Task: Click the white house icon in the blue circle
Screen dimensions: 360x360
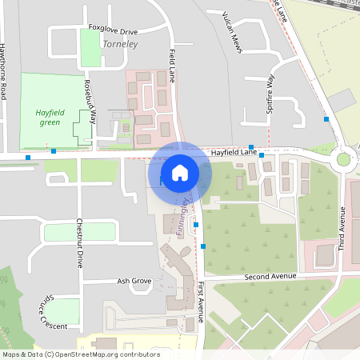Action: click(x=180, y=172)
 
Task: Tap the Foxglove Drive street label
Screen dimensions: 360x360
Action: click(x=113, y=31)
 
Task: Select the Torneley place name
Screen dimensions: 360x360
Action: click(x=120, y=44)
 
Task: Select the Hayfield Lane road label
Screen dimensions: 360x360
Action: click(x=234, y=151)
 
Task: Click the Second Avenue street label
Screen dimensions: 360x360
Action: click(x=270, y=276)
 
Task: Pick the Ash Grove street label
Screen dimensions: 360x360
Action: click(x=134, y=281)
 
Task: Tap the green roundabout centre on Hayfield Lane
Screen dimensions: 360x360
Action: click(x=344, y=158)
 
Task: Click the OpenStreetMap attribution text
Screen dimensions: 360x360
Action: click(x=81, y=354)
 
